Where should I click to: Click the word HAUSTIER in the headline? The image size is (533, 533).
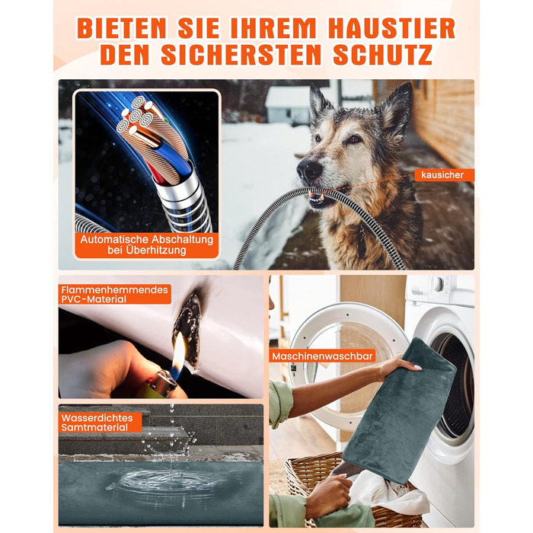coord(392,28)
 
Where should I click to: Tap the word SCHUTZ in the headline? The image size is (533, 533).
coord(383,54)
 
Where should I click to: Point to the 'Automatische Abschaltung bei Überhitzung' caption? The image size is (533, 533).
coord(146,244)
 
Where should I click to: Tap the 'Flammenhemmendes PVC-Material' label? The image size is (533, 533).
coord(114,295)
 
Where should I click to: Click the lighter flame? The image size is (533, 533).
coord(178,356)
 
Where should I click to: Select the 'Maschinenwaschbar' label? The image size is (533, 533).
coord(322,356)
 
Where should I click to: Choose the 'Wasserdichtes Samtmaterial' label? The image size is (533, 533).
coord(100,423)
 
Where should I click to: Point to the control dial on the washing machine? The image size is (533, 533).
coord(439,284)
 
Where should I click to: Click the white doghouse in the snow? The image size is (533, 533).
coord(288,104)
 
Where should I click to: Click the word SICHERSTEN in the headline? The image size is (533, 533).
coord(241,54)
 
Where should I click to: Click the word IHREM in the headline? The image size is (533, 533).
coord(273,28)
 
